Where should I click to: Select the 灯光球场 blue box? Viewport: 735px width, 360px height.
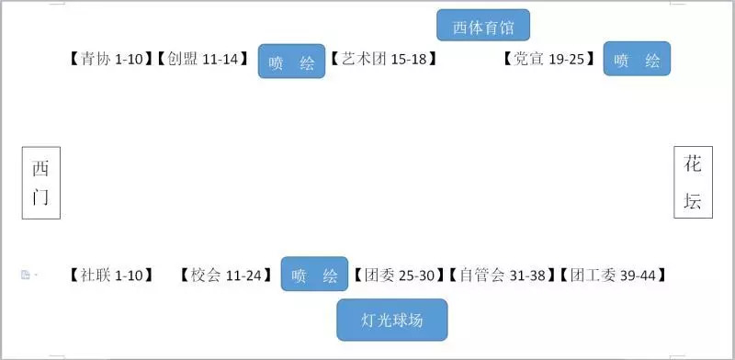point(392,321)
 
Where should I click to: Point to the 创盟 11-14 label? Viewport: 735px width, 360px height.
point(202,60)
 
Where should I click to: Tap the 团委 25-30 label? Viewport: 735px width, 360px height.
point(400,275)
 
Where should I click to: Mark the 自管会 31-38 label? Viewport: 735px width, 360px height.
point(503,275)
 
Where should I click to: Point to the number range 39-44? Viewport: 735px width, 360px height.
point(639,275)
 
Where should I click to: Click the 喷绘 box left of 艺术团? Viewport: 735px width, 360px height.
point(291,62)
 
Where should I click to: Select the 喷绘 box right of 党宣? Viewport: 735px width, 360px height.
point(637,60)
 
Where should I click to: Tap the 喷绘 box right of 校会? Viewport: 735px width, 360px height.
point(314,275)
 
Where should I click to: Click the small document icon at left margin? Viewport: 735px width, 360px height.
point(26,275)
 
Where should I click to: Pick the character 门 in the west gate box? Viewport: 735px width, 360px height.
point(41,197)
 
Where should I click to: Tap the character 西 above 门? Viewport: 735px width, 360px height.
point(41,168)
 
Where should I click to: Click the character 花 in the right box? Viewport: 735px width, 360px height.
point(693,165)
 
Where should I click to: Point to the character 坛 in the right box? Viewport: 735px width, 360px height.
point(693,201)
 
